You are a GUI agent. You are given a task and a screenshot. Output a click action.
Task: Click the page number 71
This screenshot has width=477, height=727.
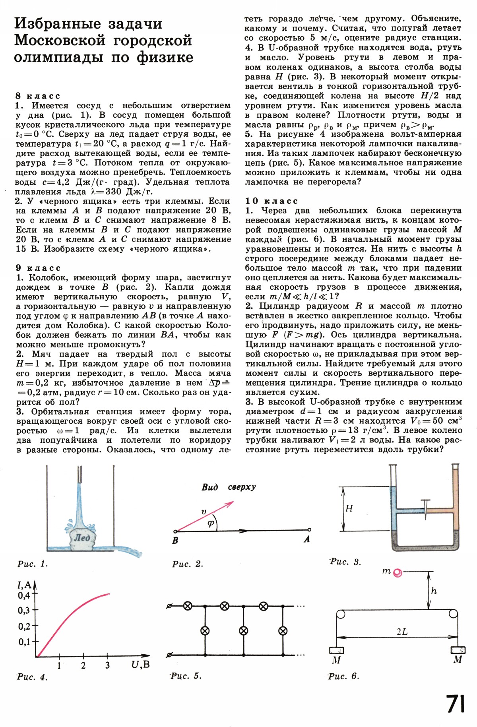456,704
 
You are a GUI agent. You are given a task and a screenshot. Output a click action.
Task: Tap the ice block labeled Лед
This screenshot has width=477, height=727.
81,538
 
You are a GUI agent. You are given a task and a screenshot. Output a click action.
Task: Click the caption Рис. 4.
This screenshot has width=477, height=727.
32,677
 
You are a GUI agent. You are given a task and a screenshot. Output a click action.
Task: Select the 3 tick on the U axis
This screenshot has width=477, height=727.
107,665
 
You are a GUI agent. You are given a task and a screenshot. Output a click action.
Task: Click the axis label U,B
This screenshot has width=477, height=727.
140,664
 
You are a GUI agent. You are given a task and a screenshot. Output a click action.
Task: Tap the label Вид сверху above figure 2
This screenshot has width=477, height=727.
229,487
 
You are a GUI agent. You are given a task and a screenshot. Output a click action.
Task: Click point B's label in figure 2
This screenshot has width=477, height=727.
175,541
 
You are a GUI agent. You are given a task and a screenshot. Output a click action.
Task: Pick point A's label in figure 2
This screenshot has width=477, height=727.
306,539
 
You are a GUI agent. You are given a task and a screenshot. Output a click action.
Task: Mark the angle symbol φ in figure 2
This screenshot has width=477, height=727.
211,523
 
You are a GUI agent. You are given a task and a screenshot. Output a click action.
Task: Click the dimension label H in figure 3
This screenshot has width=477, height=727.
349,508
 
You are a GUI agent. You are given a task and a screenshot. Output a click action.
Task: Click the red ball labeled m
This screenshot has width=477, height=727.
397,573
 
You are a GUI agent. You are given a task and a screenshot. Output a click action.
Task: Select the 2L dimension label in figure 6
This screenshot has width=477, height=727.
402,632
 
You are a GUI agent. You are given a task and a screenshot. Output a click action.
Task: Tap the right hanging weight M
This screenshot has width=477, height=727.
458,650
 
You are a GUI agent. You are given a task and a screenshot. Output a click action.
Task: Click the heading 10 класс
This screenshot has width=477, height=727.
271,201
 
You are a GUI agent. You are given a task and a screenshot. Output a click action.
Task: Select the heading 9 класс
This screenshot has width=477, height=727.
38,268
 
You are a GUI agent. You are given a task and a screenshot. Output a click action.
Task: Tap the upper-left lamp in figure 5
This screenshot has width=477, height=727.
187,606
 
